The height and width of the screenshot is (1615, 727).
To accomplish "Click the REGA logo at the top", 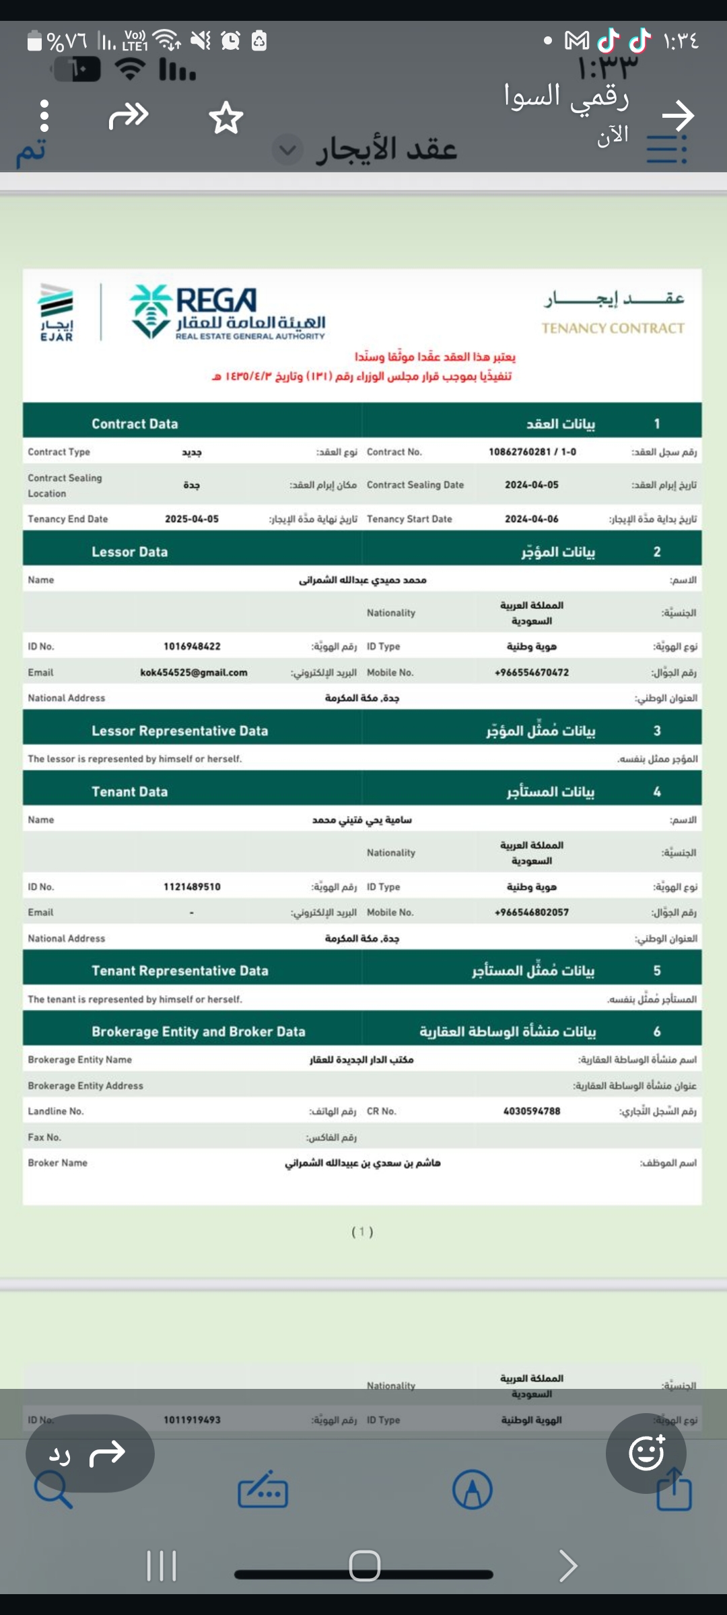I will coord(228,311).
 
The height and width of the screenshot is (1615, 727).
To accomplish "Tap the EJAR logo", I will coord(57,312).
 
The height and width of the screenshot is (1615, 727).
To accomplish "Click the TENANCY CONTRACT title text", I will coord(613,328).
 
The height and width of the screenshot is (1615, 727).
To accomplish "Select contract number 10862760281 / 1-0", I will coord(532,452).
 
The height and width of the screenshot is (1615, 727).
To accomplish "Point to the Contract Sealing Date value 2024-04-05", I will coord(532,485).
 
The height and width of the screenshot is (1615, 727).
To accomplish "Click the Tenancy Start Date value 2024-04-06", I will coord(532,519).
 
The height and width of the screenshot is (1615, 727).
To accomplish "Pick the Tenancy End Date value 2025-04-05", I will coord(192,519).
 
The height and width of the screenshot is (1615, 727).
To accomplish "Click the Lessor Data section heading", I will coord(130,552).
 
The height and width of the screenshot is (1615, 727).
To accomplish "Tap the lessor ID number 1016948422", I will coord(192,646).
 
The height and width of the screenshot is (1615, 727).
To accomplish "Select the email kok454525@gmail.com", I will coord(194,672).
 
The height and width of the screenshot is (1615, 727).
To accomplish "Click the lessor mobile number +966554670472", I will coord(532,672).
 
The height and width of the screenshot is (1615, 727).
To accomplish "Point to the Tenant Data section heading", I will coord(130,792).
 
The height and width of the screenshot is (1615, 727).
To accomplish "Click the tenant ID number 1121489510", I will coord(192,887).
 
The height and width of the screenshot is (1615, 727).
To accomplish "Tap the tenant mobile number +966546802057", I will coord(532,912).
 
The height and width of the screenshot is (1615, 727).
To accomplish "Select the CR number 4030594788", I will coord(532,1111).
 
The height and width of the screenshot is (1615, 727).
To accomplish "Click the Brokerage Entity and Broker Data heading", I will coord(199,1032).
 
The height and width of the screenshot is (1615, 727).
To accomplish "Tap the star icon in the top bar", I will coord(226,118).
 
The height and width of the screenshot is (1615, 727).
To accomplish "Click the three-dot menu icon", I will coord(44,116).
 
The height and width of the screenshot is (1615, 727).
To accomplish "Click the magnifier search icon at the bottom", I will coord(53,1489).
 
